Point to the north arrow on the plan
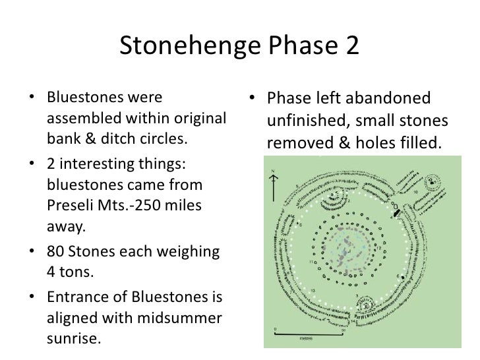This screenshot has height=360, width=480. tap(274, 181)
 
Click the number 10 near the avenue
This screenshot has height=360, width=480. tap(415, 191)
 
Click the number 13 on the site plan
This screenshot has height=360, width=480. tap(314, 291)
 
